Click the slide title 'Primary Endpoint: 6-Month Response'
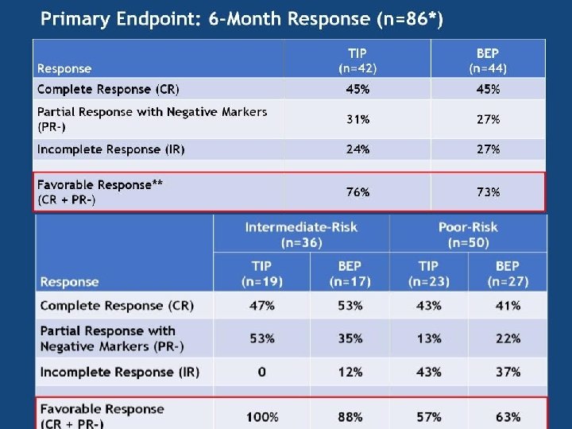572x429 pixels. coord(242,18)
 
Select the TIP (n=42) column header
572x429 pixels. coord(357,60)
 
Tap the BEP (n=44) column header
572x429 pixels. coord(488,60)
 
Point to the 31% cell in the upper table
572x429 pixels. coord(357,119)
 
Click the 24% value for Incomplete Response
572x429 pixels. coord(357,149)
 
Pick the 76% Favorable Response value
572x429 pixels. coord(357,192)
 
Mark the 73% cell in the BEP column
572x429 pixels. coord(488,192)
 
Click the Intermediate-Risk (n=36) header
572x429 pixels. coord(301,234)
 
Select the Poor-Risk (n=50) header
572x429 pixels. coord(468,234)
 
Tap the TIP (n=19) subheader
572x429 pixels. coord(261,273)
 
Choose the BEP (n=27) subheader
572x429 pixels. coord(507,273)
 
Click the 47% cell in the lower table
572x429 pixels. coord(261,306)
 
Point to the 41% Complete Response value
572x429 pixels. coord(507,306)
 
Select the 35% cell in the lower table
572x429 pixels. coord(350,338)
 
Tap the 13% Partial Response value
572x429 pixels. coord(428,338)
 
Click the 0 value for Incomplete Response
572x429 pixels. coord(261,372)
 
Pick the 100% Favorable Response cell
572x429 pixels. coord(261,417)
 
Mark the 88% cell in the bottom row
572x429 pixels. coord(350,417)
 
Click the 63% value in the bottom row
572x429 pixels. coord(507,417)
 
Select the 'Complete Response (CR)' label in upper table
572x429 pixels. coord(108,89)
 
